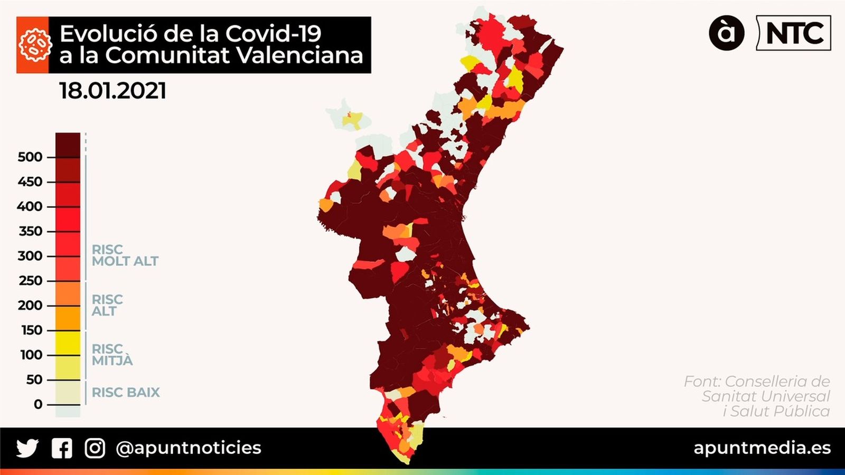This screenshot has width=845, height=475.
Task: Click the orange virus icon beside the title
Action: coord(33,45)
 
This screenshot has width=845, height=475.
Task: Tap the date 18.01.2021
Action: coord(112,91)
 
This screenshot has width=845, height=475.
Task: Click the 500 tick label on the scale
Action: coord(30,157)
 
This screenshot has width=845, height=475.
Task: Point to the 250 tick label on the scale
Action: coord(30,280)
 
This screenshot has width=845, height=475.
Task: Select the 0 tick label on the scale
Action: coord(38,404)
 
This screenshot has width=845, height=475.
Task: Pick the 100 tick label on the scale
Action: coord(31,355)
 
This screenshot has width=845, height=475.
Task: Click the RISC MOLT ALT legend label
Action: coord(125,255)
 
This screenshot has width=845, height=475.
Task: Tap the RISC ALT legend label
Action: coord(107,306)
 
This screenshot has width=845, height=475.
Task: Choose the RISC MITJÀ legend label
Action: coord(112,355)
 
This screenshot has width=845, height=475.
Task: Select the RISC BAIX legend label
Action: coord(126,392)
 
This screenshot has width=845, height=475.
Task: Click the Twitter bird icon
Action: coord(27,448)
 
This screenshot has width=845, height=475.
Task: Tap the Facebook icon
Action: coord(62,448)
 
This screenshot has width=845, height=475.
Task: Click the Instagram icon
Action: coord(95,448)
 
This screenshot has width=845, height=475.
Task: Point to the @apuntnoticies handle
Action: coord(189,448)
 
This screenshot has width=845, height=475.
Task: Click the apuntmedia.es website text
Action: coord(762,448)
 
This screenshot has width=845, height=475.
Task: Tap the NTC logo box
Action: coord(794,33)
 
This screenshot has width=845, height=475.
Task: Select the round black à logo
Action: coord(727,33)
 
